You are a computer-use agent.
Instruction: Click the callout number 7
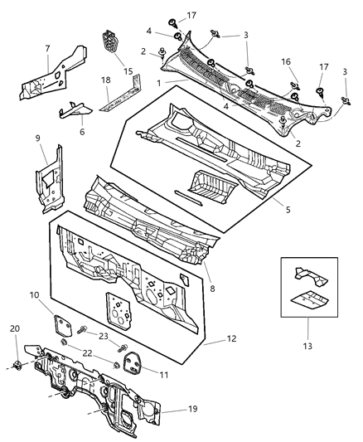pos(47,49)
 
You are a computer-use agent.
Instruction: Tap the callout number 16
pos(286,61)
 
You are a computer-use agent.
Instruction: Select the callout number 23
pos(104,337)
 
